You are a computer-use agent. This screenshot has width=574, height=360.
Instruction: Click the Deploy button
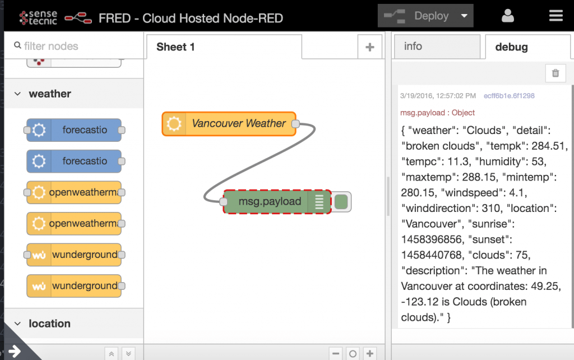coord(425,16)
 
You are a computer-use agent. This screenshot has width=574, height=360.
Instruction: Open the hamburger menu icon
coord(556,16)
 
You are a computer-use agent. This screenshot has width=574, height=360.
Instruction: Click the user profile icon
coord(508,16)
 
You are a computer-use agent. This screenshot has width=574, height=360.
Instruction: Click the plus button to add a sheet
coord(370,47)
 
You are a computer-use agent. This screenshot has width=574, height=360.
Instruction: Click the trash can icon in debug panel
coord(556,73)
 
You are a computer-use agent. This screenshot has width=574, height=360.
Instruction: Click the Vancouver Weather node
coord(229,124)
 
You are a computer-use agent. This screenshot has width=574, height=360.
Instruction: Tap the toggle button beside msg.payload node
coord(341,202)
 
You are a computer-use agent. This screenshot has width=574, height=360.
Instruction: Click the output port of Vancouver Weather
coord(295,124)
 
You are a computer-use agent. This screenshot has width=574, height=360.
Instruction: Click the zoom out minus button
coord(336,353)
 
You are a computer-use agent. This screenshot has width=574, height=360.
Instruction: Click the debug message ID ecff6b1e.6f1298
coord(509,96)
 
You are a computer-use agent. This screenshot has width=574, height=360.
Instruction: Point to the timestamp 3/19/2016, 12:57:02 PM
coord(438,96)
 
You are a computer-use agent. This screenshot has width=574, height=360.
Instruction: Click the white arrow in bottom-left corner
coord(15,352)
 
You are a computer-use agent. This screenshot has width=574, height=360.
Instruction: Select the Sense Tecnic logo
coord(38,17)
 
